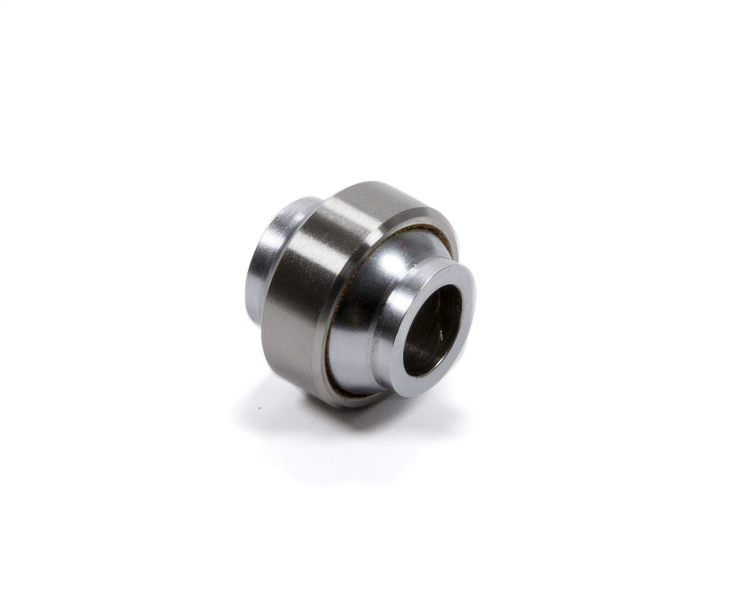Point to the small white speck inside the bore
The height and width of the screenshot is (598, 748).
tap(443, 334)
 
